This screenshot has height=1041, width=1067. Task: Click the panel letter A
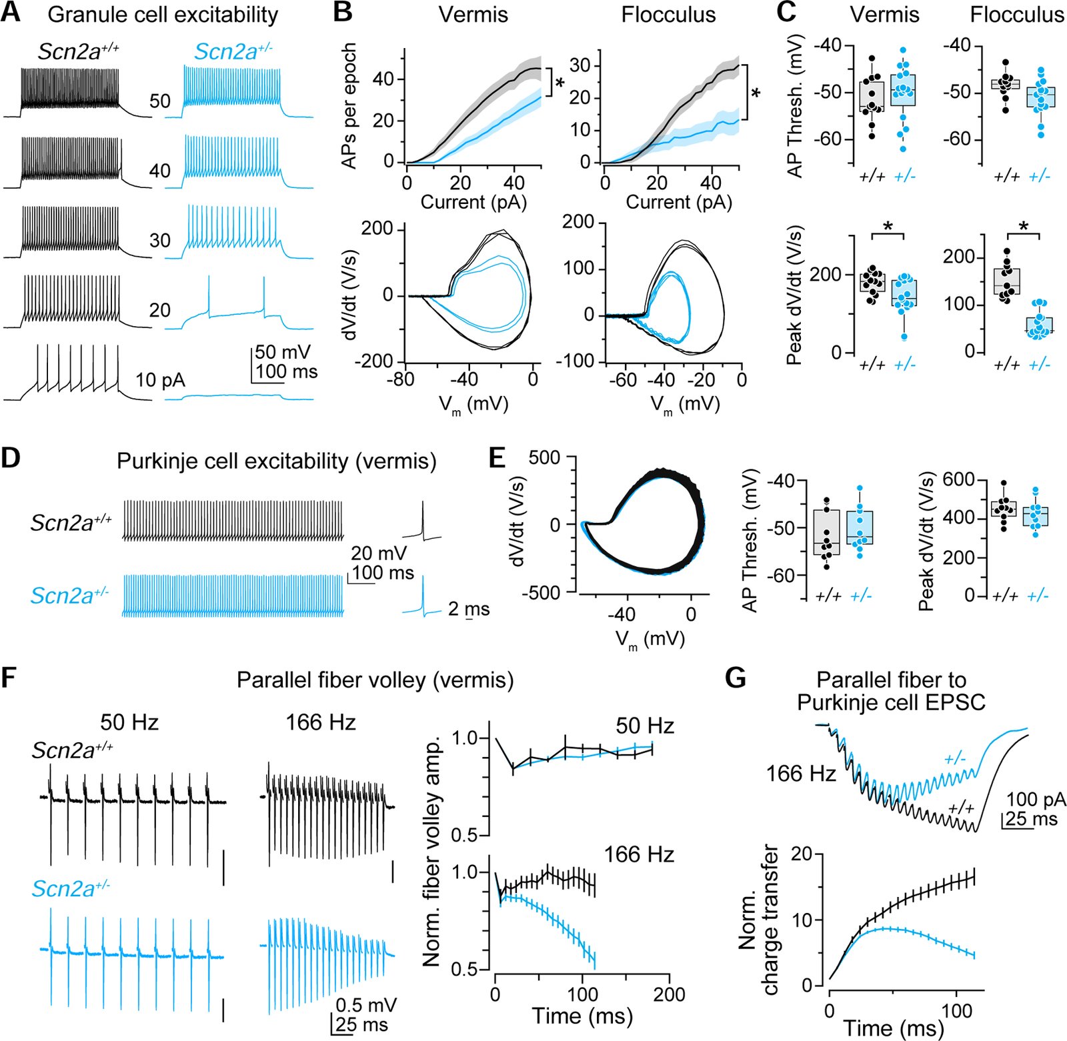point(11,13)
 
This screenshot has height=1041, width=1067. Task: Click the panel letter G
point(735,678)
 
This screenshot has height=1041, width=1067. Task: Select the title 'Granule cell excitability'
point(163,15)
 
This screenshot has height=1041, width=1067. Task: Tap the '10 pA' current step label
point(160,380)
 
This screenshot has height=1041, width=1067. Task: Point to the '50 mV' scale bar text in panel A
point(283,352)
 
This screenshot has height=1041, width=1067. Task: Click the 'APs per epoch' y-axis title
point(349,105)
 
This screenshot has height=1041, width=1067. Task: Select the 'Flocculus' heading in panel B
point(668,15)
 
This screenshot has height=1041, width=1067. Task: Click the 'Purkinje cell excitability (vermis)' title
point(276,461)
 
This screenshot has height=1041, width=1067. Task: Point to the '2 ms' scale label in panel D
point(468,609)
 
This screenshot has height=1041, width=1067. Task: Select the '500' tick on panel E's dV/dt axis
point(545,457)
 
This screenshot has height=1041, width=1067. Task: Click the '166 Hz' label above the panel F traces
point(321,722)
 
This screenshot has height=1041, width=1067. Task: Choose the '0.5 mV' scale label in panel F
point(366,1005)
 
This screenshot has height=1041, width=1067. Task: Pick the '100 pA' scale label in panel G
point(1036,800)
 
